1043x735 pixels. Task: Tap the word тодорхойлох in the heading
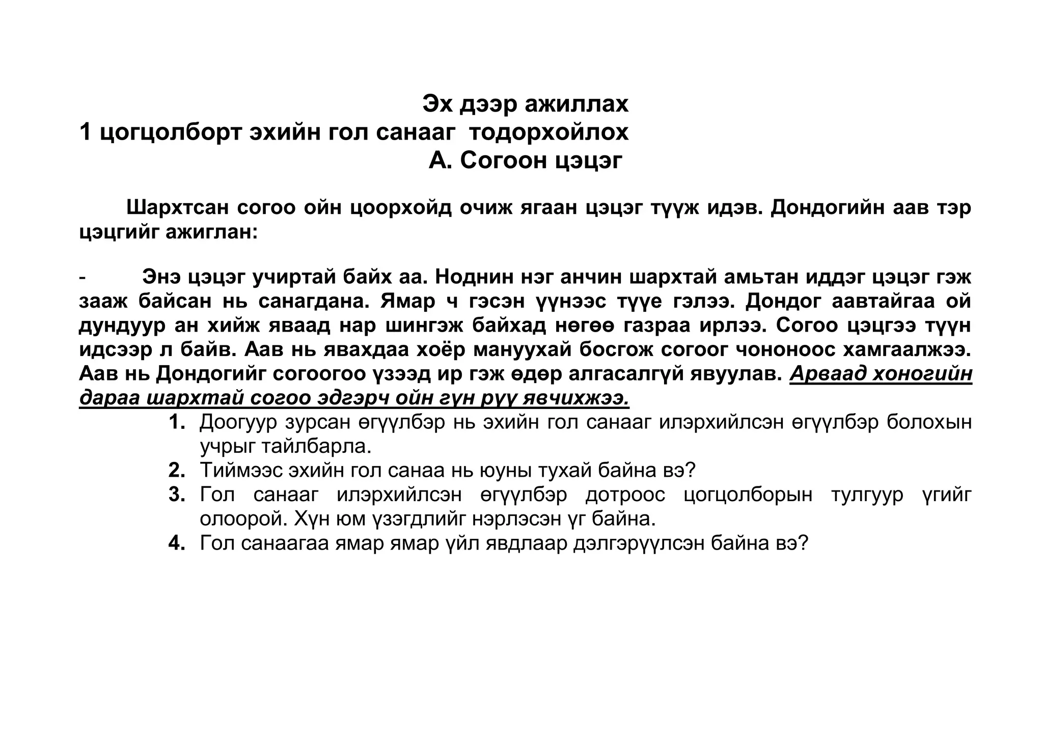pos(548,133)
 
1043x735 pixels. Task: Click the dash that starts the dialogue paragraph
pos(83,278)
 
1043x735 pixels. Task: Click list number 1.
pos(177,422)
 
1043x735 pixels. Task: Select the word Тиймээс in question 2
pos(241,470)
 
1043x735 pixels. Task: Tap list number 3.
pos(177,495)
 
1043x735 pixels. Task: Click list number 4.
pos(177,543)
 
